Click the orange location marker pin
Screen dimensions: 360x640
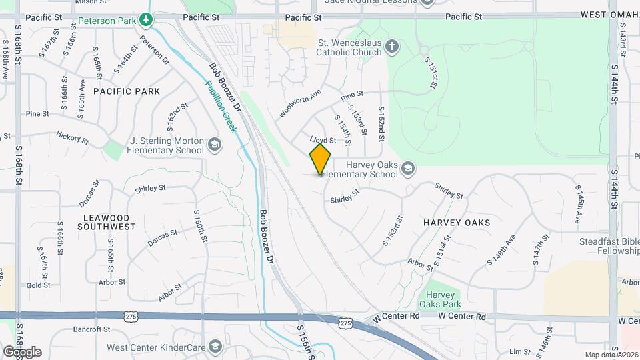coord(320,159)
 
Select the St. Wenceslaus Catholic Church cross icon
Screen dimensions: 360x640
coord(393,47)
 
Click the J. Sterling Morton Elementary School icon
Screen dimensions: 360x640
coord(215,145)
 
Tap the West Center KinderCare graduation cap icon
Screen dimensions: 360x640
coord(215,347)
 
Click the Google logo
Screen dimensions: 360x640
coord(22,352)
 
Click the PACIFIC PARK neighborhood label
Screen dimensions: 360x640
coord(127,91)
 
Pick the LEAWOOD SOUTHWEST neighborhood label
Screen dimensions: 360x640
coord(109,222)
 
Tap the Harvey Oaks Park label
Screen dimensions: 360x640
coord(440,300)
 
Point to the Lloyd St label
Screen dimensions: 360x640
coord(323,140)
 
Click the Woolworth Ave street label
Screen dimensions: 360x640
coord(300,104)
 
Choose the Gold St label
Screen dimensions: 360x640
coord(39,285)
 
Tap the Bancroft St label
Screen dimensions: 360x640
coord(91,329)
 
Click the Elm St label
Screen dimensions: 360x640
coord(519,351)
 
